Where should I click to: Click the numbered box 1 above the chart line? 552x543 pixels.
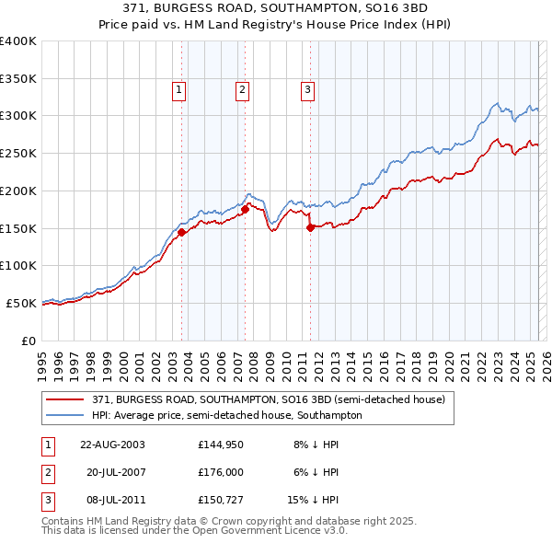[x=178, y=89]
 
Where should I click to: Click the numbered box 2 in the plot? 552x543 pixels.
[x=242, y=89]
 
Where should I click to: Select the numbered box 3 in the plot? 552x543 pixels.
[x=306, y=89]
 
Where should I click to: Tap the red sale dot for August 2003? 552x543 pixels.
[x=182, y=232]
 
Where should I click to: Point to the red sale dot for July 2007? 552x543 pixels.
[x=246, y=209]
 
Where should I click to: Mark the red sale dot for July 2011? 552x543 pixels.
[x=310, y=227]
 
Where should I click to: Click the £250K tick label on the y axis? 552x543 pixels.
[x=17, y=153]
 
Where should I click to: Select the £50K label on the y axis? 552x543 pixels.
[x=21, y=303]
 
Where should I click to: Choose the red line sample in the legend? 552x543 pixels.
[x=65, y=400]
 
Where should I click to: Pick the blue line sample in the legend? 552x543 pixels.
[x=65, y=416]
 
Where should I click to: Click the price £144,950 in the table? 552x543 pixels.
[x=219, y=444]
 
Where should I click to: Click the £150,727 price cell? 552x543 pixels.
[x=219, y=501]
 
